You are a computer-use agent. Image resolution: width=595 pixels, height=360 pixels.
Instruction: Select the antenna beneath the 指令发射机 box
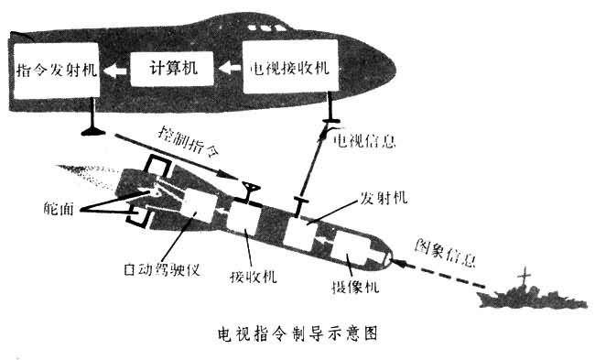pos(92,123)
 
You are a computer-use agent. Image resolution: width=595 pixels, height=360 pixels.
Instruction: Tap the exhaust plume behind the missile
pos(96,173)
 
